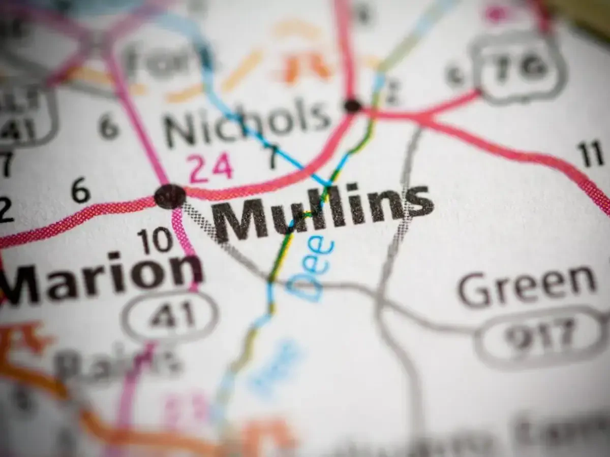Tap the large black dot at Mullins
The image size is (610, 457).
[170, 196]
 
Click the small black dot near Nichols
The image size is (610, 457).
[352, 106]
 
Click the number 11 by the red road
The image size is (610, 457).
[590, 155]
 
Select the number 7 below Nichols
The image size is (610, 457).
[273, 158]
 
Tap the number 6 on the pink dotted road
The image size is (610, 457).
[81, 192]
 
